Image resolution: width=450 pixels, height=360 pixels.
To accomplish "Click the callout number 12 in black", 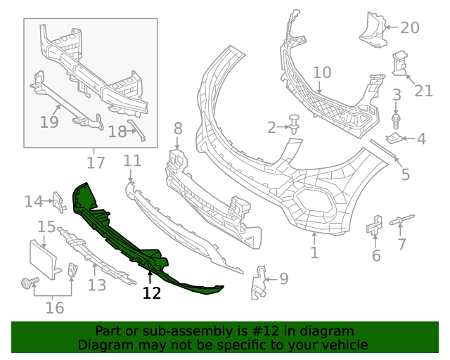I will tap(152, 292).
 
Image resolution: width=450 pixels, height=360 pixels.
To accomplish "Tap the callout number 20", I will tap(409, 27).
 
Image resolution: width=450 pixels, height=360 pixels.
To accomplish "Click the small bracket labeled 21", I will tap(399, 62).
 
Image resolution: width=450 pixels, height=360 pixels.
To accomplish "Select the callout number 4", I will tap(420, 139).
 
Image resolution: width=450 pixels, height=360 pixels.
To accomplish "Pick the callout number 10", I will tap(321, 72).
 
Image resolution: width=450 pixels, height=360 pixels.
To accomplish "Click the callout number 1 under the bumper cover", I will tap(314, 252).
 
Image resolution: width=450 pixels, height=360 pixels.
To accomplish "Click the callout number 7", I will tap(401, 245).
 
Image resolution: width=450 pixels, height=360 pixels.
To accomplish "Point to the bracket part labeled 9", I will tap(260, 281).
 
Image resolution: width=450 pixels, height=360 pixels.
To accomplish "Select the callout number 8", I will tap(177, 129).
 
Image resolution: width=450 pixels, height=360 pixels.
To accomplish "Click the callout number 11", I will tap(132, 161).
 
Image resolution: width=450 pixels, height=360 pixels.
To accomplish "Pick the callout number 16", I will tap(54, 307).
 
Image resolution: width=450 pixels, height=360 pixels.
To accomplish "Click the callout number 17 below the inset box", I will tap(95, 163).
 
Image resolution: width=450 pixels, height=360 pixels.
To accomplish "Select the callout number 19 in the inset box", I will tap(49, 122).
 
